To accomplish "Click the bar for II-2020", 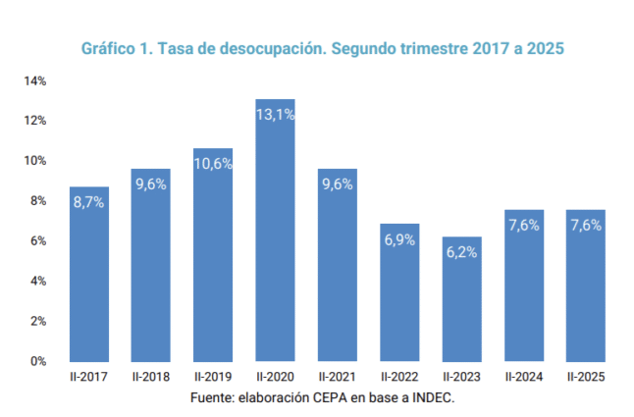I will [275, 235].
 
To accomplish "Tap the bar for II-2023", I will [461, 304].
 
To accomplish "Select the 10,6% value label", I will [213, 163].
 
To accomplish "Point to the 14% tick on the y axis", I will [35, 80].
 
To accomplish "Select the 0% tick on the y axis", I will [38, 361].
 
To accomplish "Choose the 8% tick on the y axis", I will [38, 201].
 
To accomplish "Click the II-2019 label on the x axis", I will [213, 376].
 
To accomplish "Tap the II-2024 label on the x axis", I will [523, 376].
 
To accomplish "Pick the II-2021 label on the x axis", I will [337, 376].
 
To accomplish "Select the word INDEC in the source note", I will [435, 398].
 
